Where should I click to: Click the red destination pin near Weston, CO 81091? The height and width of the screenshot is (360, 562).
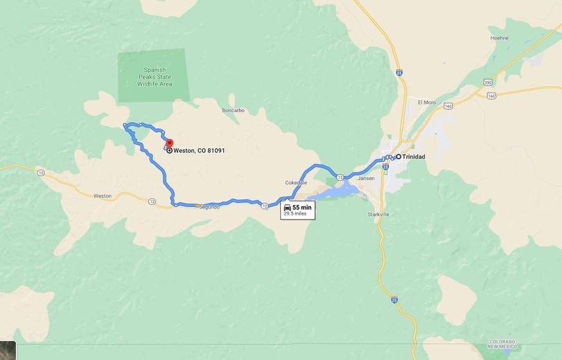pos(169,144)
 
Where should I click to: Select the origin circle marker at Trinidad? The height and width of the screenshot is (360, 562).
pos(399,157)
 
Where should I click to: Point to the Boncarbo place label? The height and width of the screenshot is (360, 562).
pos(232,111)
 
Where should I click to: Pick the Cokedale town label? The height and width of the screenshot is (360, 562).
pos(296,183)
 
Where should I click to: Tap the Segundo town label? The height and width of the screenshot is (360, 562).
pos(209,207)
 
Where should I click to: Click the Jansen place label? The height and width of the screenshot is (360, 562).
pos(366,179)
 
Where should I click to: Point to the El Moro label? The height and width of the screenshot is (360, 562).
pos(426,102)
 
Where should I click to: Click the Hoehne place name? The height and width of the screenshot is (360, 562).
pos(499,38)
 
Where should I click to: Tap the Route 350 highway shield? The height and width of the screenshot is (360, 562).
pos(488,83)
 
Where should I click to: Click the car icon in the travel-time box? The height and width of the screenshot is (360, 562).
pos(287,207)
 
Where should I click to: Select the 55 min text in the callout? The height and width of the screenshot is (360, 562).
pos(301,207)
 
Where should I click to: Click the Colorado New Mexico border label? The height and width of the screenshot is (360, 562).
pos(501,345)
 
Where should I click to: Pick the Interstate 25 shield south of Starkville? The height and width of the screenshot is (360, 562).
pos(394,301)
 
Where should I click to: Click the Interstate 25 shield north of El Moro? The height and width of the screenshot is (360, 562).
pos(399,71)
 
